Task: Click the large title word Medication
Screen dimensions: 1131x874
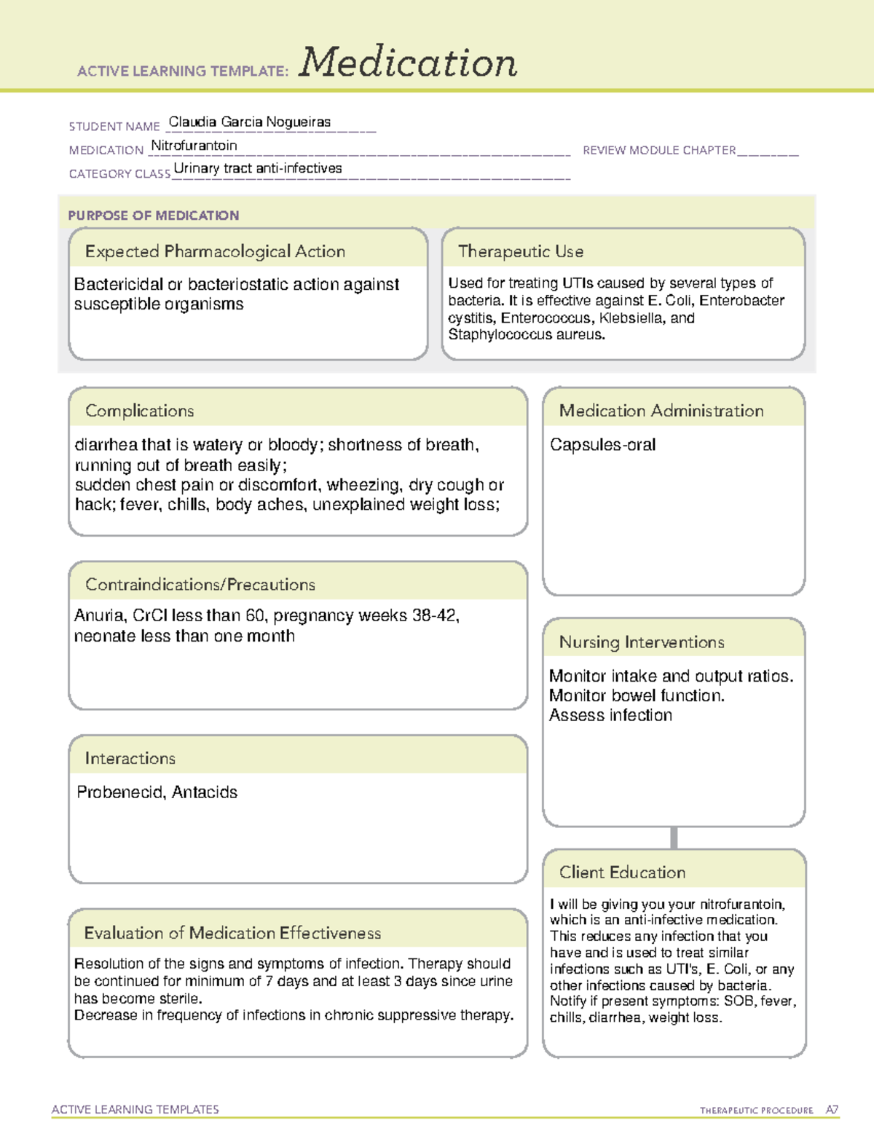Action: point(408,63)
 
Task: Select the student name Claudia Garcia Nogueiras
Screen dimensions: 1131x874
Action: point(249,122)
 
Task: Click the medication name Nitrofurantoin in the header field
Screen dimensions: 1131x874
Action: point(194,146)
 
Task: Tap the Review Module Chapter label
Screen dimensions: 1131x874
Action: point(658,150)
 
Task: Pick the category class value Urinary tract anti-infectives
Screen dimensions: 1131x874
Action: point(258,168)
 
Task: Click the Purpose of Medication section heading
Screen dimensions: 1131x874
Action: point(153,216)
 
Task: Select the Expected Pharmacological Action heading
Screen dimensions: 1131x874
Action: point(215,251)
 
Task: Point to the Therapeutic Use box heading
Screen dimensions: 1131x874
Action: point(520,251)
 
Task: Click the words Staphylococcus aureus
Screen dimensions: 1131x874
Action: point(525,335)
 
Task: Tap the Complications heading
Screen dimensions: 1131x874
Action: point(139,411)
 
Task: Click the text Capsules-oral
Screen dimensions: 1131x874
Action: point(602,445)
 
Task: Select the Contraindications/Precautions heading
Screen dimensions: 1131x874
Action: point(200,585)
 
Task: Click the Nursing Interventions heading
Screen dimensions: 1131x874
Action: point(641,642)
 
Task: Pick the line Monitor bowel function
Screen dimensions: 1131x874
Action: point(637,695)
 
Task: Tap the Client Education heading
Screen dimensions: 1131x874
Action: point(622,872)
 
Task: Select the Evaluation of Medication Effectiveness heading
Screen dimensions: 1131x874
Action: point(232,933)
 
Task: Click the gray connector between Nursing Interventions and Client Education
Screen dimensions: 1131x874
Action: point(674,838)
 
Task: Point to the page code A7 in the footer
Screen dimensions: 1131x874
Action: point(832,1110)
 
